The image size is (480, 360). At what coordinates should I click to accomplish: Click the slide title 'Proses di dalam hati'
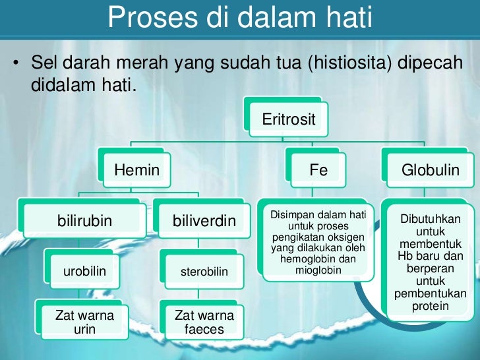coord(240,18)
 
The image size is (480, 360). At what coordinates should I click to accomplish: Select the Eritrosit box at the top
coord(289,119)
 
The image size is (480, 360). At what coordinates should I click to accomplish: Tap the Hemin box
coord(137,170)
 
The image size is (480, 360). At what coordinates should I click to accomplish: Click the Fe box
coord(318,170)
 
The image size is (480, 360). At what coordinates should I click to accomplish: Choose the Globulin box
coord(430,170)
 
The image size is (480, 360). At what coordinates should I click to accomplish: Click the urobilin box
coord(84,271)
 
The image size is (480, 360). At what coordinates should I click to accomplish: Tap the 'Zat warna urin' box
coord(84,322)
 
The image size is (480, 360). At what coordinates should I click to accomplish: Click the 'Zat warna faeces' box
coord(204,322)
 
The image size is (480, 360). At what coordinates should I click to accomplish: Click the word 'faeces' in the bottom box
coord(204,329)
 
